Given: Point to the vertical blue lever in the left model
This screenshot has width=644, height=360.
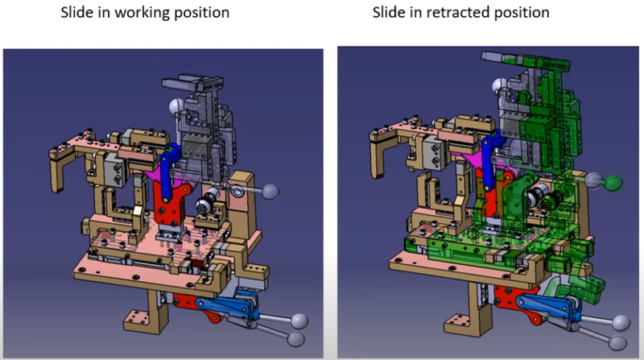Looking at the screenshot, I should tap(168, 172).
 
